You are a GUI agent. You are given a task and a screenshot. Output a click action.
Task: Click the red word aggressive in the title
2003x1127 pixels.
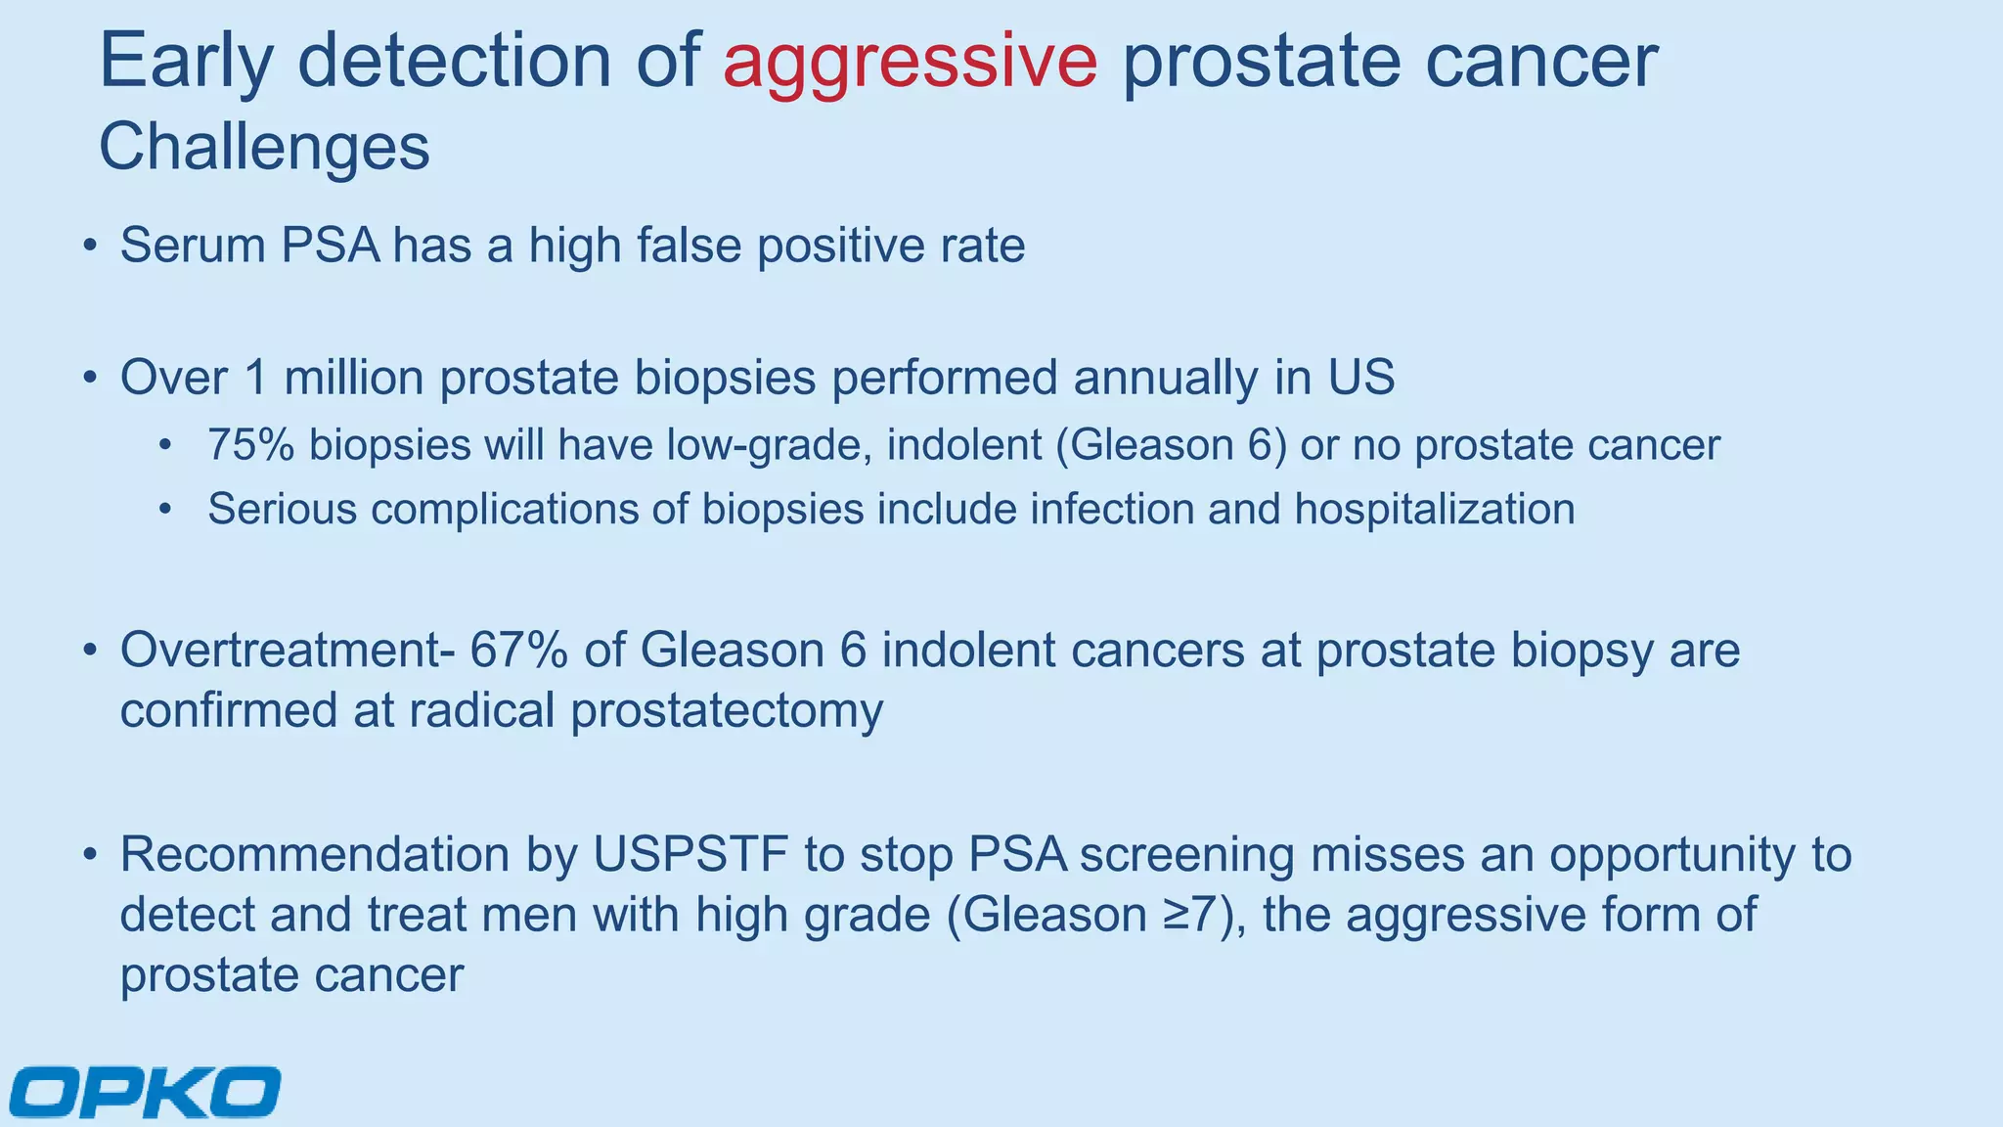pyautogui.click(x=910, y=62)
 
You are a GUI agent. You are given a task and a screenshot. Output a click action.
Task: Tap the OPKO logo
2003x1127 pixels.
pyautogui.click(x=146, y=1091)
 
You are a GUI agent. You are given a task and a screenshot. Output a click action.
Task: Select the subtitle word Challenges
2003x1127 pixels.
pyautogui.click(x=264, y=148)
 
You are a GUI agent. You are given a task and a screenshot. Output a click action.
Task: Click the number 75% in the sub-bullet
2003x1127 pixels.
pyautogui.click(x=250, y=445)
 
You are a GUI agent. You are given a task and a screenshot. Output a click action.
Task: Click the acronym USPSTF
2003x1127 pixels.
pyautogui.click(x=690, y=855)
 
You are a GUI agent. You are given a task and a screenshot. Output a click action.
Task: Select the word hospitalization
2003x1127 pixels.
pyautogui.click(x=1435, y=510)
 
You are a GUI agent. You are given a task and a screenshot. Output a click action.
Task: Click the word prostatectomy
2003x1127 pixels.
pyautogui.click(x=727, y=711)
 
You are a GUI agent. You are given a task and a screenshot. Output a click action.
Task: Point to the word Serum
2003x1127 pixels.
pyautogui.click(x=192, y=245)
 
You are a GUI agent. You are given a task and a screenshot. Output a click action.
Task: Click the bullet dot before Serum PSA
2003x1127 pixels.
pyautogui.click(x=90, y=246)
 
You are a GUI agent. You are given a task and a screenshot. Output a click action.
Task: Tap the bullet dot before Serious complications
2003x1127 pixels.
pyautogui.click(x=166, y=510)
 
